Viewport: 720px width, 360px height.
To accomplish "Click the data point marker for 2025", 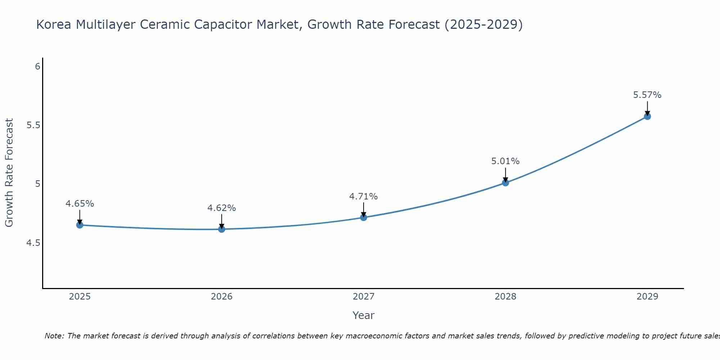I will tap(80, 225).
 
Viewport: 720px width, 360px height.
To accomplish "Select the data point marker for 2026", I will tap(221, 229).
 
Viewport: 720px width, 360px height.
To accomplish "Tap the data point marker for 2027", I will tap(363, 217).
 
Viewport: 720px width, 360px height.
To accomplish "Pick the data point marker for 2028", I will tap(505, 183).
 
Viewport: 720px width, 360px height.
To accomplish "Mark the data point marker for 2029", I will tap(647, 116).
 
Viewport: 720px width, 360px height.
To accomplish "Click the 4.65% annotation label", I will tap(80, 204).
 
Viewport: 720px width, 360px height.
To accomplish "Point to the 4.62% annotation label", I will tap(221, 208).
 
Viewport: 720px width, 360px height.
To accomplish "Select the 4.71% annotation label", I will tap(363, 197).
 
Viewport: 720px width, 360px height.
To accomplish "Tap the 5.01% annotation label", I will tap(505, 161).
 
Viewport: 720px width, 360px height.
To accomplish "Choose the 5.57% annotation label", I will tap(647, 95).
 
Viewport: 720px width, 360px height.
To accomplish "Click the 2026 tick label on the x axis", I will tap(221, 297).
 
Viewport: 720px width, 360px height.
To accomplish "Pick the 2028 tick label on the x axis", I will tap(505, 297).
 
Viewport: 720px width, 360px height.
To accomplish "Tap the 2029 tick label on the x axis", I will tap(647, 297).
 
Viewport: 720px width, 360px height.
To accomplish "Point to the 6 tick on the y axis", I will tap(37, 67).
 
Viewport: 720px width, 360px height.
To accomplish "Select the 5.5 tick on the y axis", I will tap(33, 125).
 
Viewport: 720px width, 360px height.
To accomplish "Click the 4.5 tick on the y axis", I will tap(33, 243).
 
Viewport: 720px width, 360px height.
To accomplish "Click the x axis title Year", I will tap(363, 315).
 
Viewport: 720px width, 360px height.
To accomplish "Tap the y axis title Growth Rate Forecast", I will tap(9, 172).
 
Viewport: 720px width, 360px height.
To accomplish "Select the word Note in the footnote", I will tap(54, 336).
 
